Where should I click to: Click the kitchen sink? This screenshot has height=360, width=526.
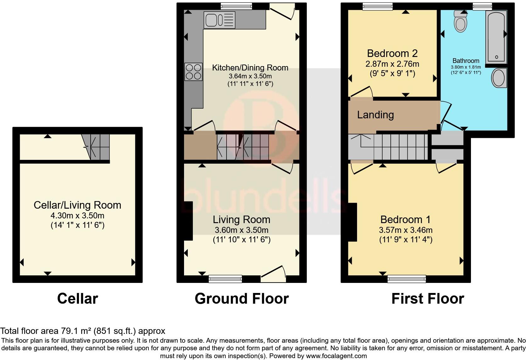coord(219,20)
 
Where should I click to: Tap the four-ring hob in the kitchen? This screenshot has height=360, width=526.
coord(193,71)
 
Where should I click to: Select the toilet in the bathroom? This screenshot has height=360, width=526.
coord(461,22)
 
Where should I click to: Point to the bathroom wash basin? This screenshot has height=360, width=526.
coord(499,78)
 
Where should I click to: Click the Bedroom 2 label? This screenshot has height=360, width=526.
coord(392,53)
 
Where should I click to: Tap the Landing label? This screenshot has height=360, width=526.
coord(375,115)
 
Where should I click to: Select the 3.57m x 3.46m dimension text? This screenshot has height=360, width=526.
coord(406,230)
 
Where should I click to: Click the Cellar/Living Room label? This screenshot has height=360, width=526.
coord(77,205)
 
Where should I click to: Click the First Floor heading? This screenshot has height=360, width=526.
coord(428,298)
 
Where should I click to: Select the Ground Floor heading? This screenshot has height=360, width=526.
coord(242,298)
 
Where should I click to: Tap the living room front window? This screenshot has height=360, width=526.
coord(225,278)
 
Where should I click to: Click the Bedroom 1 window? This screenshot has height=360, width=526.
coord(406,278)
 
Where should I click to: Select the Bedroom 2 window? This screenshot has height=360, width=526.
coord(378,6)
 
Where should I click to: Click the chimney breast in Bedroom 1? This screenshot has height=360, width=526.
coord(352,222)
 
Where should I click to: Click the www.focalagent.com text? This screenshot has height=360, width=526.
coord(336,356)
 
